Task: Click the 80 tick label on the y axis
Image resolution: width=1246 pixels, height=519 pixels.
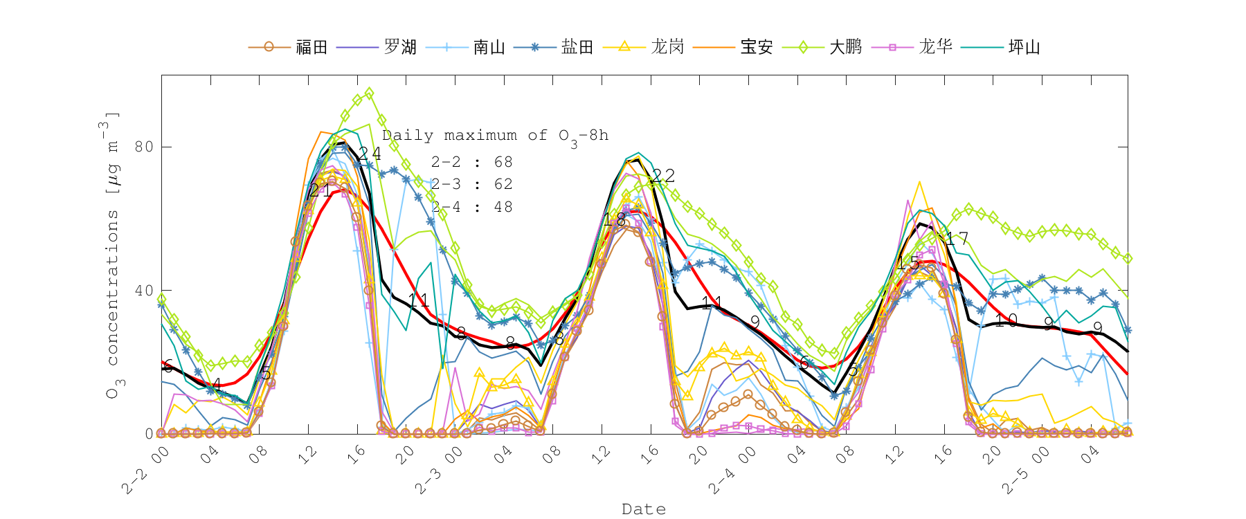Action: [x=144, y=147]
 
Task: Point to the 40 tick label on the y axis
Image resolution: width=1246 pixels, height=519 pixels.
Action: [x=144, y=291]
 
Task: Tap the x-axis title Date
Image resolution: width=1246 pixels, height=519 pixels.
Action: [x=644, y=509]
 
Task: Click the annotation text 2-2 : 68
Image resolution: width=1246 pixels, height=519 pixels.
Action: [x=471, y=162]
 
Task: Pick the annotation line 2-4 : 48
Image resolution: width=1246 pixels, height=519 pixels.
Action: [x=471, y=207]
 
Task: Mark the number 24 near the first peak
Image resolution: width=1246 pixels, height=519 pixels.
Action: [x=370, y=154]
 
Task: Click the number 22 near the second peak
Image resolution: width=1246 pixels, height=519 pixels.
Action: [x=663, y=176]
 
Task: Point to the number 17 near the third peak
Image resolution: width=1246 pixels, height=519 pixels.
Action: [x=957, y=239]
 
